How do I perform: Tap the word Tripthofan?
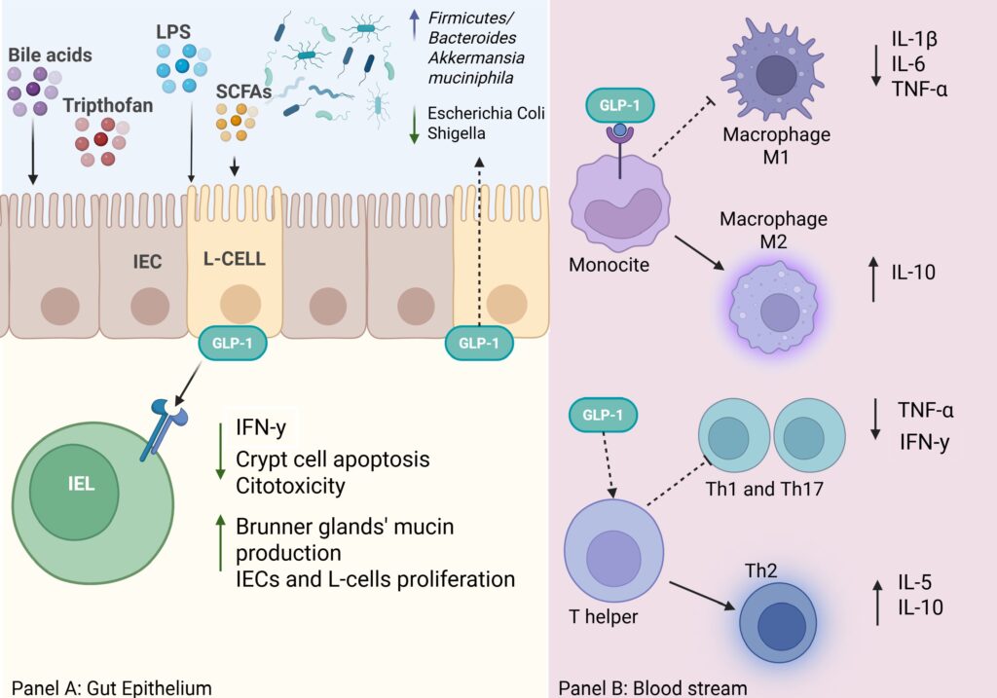click(x=107, y=105)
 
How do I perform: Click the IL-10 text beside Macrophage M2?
click(x=913, y=273)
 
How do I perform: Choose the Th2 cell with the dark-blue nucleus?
click(x=778, y=623)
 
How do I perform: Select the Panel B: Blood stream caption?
click(x=652, y=687)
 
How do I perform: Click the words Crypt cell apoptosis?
click(x=332, y=459)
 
